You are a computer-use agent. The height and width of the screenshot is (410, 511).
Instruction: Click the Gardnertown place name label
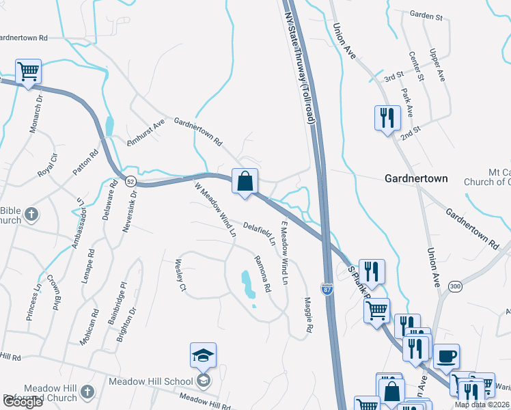(x=416, y=178)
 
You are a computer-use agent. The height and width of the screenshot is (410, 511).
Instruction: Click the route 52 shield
(x=130, y=181)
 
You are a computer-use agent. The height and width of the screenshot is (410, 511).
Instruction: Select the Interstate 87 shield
(x=327, y=290)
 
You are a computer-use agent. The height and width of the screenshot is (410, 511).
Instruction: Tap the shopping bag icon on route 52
(x=245, y=182)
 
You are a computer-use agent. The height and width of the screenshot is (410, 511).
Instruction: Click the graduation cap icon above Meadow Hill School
(x=203, y=355)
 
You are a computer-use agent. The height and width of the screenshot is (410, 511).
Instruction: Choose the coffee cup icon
(x=446, y=356)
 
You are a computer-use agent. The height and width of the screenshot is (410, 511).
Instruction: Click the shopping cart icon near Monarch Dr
(x=28, y=71)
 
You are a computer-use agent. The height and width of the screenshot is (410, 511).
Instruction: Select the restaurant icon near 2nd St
(x=387, y=118)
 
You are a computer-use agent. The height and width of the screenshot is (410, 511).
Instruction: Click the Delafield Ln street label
(x=259, y=232)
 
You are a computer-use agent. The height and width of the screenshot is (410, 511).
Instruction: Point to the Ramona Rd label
(x=263, y=272)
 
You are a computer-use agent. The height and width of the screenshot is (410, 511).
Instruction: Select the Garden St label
(x=428, y=14)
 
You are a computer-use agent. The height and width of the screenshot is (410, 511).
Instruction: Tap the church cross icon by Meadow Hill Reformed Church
(x=86, y=392)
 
